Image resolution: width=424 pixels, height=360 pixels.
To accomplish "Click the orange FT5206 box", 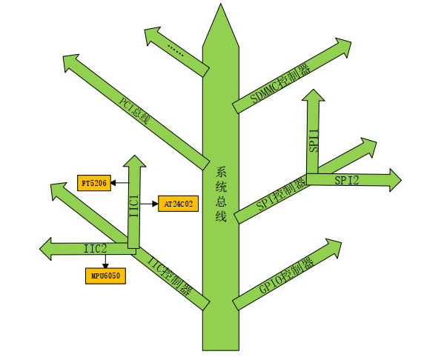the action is click(94, 183).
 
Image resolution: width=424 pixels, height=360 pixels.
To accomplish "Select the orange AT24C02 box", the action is click(178, 204).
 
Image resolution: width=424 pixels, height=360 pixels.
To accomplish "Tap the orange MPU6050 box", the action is click(105, 276).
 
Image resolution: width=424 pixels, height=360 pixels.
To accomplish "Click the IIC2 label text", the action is click(95, 249).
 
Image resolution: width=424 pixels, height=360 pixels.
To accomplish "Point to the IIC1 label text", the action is click(134, 206).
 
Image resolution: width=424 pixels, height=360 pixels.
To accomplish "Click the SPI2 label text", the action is click(347, 180).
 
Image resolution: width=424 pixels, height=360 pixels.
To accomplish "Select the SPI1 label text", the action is click(314, 141).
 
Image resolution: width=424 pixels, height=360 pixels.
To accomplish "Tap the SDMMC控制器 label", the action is click(280, 84).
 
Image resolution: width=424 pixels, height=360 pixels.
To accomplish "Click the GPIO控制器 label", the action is click(286, 276).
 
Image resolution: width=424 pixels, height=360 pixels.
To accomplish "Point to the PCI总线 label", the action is click(134, 111).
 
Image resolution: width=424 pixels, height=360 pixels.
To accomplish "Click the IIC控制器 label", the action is click(170, 276).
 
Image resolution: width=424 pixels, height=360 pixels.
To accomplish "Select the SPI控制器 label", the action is click(281, 194).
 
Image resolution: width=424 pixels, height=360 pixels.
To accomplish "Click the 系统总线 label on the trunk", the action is click(221, 194).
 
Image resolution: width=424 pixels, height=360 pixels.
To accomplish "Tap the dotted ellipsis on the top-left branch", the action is click(176, 50).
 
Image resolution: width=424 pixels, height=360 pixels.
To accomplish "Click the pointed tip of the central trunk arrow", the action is click(221, 4).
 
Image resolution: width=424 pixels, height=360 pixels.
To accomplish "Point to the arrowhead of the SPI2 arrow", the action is click(395, 180).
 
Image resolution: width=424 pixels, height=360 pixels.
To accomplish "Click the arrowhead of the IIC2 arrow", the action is click(46, 249).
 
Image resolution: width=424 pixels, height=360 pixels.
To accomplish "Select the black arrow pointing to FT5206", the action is click(120, 183).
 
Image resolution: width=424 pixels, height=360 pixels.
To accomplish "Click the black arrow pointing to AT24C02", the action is click(149, 204).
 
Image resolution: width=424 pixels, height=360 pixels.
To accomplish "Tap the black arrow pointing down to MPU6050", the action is click(105, 261).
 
